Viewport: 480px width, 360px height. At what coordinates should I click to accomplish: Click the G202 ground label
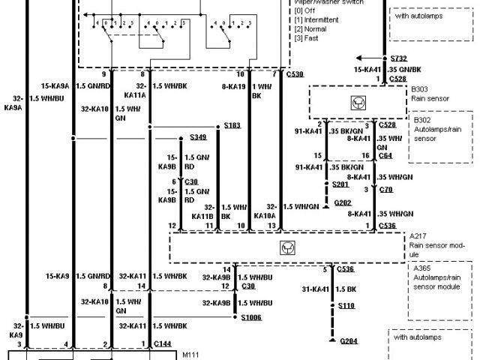point(342,202)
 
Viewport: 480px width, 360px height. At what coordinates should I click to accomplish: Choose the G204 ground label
point(349,340)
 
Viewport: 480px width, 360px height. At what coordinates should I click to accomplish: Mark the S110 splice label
point(346,305)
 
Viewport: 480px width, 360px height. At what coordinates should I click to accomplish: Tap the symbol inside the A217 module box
point(286,247)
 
